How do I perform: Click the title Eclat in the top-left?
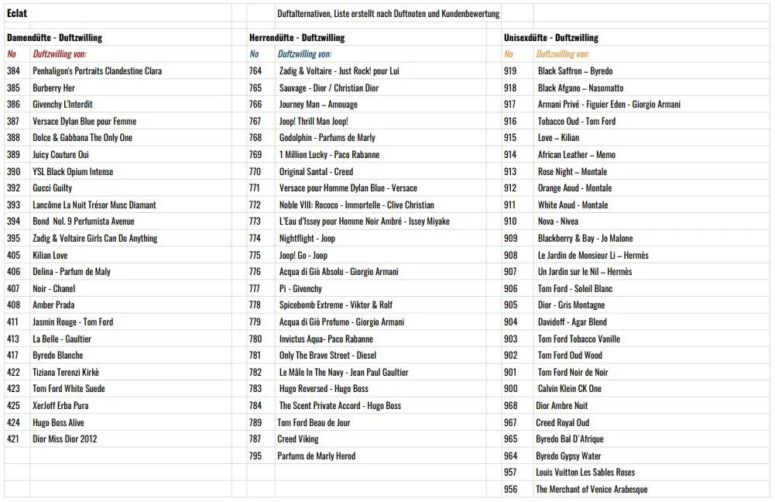(x=17, y=13)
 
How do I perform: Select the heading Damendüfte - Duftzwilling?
(x=54, y=37)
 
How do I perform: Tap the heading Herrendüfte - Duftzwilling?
(x=297, y=37)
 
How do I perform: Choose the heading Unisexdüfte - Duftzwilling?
(x=550, y=37)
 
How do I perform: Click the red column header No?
(x=12, y=54)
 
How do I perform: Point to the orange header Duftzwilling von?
(x=562, y=54)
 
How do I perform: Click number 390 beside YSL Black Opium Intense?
(x=13, y=171)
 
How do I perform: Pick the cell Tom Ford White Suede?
(x=68, y=388)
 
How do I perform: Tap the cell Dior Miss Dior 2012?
(x=64, y=438)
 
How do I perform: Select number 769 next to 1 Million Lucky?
(x=255, y=154)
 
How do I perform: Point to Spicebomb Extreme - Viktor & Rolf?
(x=335, y=304)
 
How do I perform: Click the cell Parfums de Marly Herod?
(x=316, y=456)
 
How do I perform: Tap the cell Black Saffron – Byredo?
(x=574, y=70)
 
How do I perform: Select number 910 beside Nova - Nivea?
(x=510, y=222)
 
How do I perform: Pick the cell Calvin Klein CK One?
(x=569, y=388)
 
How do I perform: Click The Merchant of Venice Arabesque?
(x=592, y=489)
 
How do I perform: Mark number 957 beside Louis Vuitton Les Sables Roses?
(x=510, y=472)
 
